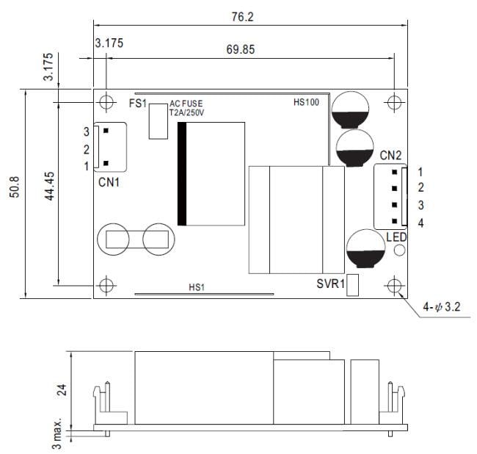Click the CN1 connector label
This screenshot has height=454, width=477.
109,181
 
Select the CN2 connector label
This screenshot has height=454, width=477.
390,155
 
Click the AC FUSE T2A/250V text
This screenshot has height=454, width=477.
188,109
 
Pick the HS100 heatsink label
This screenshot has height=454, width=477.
305,103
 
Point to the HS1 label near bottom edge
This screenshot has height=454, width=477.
197,287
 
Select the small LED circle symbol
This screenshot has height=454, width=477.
400,251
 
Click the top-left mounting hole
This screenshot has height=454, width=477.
106,101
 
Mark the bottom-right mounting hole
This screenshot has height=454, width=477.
395,285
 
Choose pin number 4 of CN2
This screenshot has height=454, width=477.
420,223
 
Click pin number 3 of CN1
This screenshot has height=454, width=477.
86,131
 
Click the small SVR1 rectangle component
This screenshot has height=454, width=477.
352,285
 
